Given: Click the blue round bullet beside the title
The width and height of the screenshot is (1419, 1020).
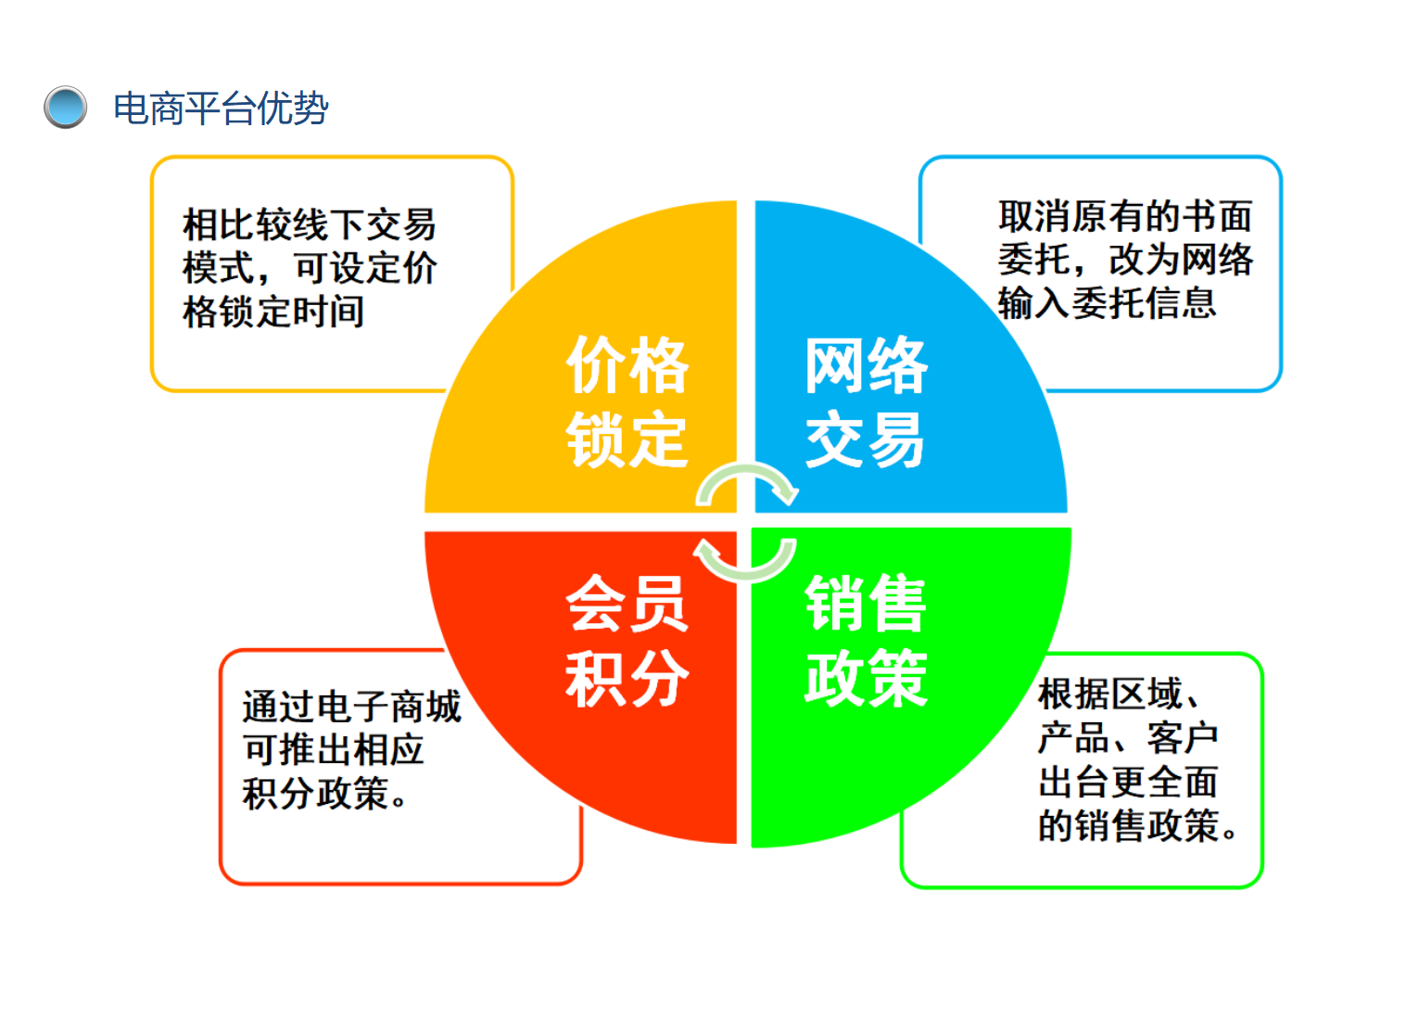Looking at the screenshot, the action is pos(65,108).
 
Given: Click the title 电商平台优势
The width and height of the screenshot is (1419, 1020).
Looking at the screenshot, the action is pos(222,108).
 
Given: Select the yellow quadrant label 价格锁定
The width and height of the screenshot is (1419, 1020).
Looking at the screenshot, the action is pos(627,402).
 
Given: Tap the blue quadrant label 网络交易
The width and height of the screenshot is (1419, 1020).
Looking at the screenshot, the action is pos(867,402).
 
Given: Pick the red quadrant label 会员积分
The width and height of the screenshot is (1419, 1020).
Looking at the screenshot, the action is pos(627,640).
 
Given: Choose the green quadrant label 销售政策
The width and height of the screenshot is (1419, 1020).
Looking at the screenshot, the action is pos(867,640).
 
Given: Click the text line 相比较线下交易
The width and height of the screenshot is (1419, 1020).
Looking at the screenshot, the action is pos(310,224).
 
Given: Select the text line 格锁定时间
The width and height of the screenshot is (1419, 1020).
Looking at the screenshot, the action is pos(273,312).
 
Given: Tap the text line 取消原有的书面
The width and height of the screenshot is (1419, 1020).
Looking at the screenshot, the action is pos(1126,216).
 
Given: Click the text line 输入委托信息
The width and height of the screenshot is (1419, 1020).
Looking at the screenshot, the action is pos(1108,303).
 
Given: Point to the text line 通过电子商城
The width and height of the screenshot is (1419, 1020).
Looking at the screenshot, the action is pos(352,707).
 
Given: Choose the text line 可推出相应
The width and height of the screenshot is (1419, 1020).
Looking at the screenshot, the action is pos(334,749).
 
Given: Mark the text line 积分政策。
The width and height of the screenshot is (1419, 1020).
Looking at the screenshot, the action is pos(325,793).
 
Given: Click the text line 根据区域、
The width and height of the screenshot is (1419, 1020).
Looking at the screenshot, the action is pos(1120,694).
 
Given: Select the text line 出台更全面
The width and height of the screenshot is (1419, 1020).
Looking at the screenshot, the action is pos(1129,782).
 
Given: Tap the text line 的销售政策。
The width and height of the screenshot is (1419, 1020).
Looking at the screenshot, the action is pos(1138,825).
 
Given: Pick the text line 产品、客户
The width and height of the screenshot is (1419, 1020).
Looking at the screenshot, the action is pos(1129,738).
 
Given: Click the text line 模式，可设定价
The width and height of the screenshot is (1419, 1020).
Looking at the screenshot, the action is pos(310,268).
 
